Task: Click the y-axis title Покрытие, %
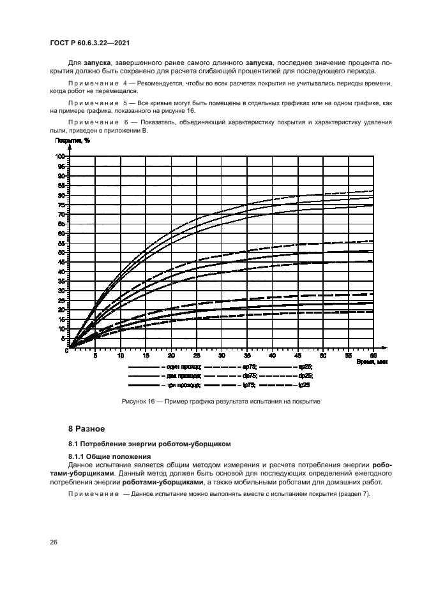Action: click(72, 140)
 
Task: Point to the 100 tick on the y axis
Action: click(61, 156)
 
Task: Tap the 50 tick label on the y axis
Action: click(62, 252)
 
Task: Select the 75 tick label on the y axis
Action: click(62, 205)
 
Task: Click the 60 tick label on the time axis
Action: click(373, 355)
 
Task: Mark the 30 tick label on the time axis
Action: click(222, 355)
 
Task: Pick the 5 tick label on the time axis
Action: click(95, 355)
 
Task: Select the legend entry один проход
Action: click(185, 368)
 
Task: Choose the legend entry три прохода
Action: click(184, 385)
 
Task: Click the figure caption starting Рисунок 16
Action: click(220, 402)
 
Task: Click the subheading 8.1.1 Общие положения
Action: click(109, 456)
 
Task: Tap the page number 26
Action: click(54, 542)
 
